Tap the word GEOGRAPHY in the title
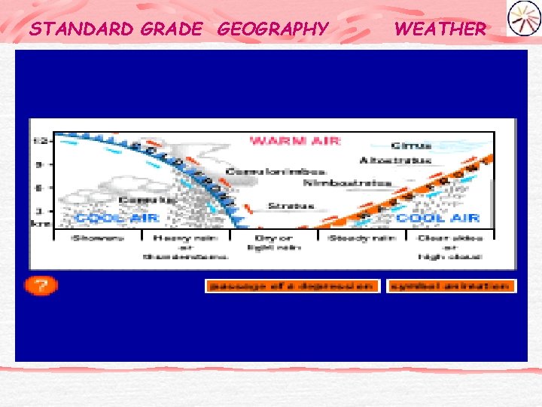[273, 29]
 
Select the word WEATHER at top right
[440, 29]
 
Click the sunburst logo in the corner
[523, 18]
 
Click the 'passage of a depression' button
[292, 286]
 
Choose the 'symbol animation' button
[451, 286]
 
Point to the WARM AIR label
[295, 140]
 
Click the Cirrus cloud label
[411, 146]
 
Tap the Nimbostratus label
[348, 183]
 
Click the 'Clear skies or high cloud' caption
[451, 247]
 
